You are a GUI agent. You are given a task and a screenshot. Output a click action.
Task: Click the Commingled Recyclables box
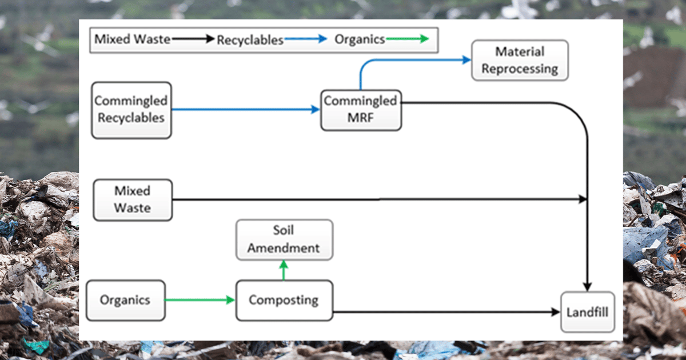(x=131, y=110)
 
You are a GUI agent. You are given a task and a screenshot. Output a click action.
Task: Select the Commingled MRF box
(x=360, y=110)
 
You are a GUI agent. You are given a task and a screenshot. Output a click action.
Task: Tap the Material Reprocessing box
(x=519, y=60)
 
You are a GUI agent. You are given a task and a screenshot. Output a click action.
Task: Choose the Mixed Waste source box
(x=132, y=199)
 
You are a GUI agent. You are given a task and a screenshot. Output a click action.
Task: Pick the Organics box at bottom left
(x=125, y=300)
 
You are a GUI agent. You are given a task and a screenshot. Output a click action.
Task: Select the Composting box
(x=284, y=300)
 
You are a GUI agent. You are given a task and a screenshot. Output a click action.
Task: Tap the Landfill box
(x=587, y=312)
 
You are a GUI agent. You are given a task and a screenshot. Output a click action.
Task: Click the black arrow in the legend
(x=192, y=39)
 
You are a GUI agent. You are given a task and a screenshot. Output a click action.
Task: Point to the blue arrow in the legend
(x=305, y=39)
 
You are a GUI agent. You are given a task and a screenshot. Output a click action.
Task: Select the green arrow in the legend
(x=406, y=39)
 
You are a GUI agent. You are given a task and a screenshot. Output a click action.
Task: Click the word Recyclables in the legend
(x=250, y=40)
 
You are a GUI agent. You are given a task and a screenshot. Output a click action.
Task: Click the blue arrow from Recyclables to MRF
(x=246, y=110)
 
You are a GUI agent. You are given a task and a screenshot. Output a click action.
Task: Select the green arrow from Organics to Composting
(x=200, y=300)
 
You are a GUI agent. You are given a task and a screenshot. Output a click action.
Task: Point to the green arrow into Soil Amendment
(x=284, y=269)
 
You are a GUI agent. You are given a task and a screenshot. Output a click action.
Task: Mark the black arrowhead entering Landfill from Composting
(x=555, y=312)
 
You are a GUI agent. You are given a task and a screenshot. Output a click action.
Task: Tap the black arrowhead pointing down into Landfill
(x=587, y=285)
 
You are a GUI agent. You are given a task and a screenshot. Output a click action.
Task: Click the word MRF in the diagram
(x=360, y=118)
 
